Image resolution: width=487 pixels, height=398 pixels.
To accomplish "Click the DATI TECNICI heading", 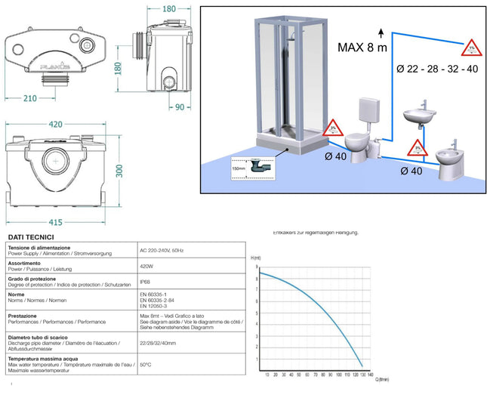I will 28,236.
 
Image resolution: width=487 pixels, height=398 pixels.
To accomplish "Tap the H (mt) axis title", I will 254,258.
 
